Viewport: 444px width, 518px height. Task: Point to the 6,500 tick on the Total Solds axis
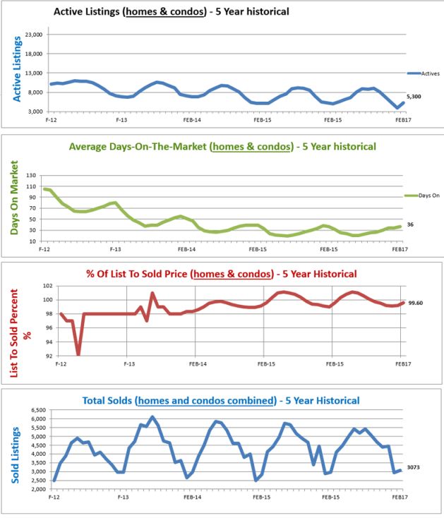(38, 410)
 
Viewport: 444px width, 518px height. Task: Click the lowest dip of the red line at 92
(78, 354)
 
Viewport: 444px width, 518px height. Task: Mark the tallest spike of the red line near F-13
(152, 293)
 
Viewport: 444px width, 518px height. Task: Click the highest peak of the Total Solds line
(152, 417)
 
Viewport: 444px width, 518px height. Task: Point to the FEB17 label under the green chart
(400, 250)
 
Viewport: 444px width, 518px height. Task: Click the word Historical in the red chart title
(332, 274)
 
